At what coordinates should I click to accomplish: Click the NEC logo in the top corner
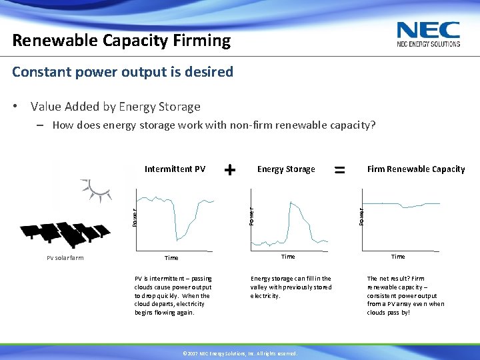coord(428,34)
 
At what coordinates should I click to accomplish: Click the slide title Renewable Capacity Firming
coord(121,41)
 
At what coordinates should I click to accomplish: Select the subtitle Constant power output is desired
coord(123,71)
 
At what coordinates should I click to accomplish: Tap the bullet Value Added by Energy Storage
coord(115,107)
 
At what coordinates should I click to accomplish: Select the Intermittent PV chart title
coord(175,169)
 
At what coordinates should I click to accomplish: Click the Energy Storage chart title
coord(286,169)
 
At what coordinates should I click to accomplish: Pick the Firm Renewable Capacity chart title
coord(416,169)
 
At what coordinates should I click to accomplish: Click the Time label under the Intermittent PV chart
coord(171,258)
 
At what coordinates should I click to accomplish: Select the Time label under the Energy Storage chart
coord(288,257)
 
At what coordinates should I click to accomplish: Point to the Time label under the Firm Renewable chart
coord(398,257)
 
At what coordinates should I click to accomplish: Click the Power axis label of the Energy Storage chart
coord(251,215)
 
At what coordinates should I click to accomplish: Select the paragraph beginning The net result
coord(405,295)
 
